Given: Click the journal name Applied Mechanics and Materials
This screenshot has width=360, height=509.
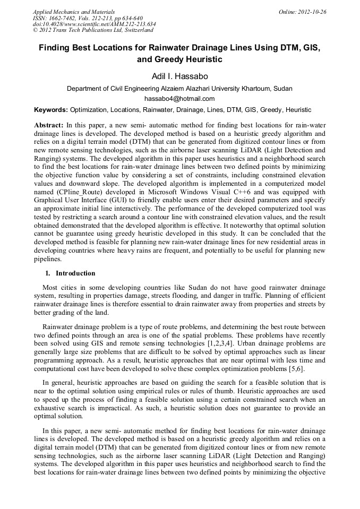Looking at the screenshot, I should [x=73, y=12].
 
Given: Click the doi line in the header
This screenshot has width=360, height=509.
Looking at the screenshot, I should [x=94, y=24].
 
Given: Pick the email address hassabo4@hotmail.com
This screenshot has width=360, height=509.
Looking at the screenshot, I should [x=179, y=99].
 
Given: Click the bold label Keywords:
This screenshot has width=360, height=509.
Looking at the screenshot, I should [x=51, y=110].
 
